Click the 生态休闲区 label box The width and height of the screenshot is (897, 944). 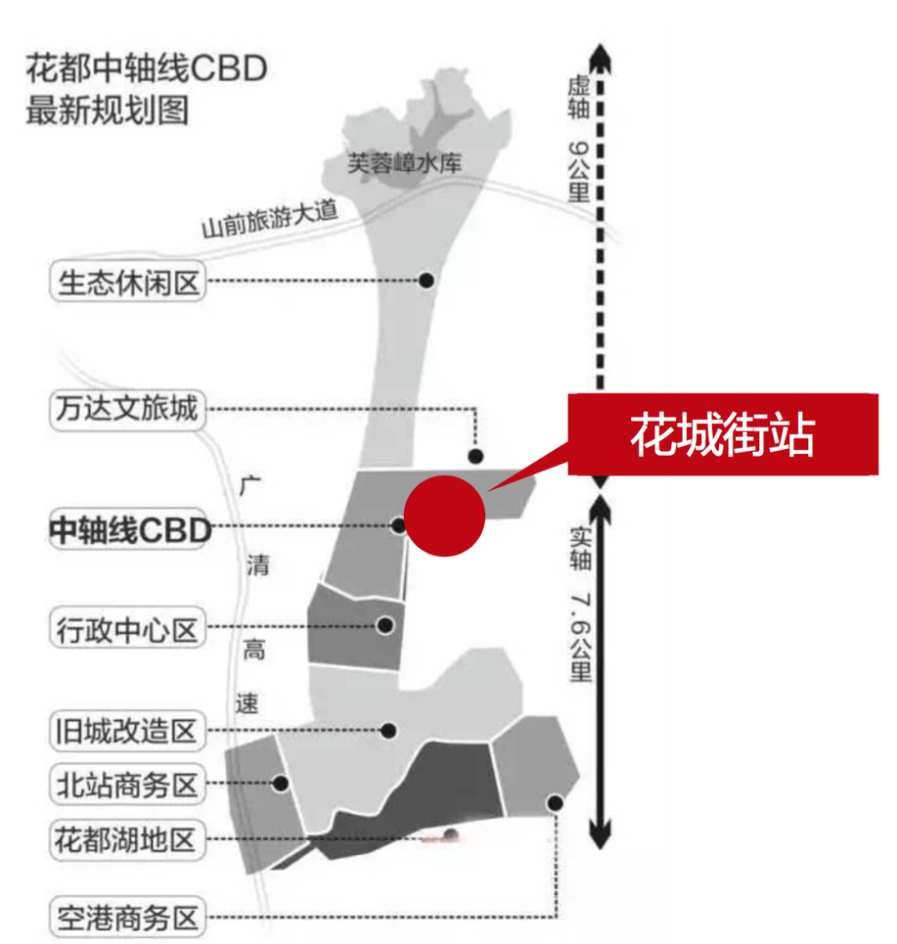[x=128, y=283]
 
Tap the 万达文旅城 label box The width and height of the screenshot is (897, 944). [x=127, y=408]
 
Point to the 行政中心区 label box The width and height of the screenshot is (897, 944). [x=127, y=629]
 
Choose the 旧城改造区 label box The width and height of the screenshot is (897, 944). [x=127, y=731]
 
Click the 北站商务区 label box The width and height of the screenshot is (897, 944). [x=127, y=784]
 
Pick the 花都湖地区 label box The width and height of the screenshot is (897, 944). [x=127, y=839]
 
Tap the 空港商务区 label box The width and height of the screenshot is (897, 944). [x=127, y=917]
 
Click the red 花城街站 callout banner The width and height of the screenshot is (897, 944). [x=723, y=434]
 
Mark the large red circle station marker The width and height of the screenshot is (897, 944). [x=444, y=516]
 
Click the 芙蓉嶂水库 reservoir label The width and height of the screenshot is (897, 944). [x=404, y=164]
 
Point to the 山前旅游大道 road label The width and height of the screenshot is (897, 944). [x=271, y=218]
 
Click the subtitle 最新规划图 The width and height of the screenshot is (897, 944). [x=107, y=110]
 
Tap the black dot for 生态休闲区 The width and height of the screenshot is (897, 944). [x=426, y=281]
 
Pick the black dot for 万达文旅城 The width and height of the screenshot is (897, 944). [x=475, y=456]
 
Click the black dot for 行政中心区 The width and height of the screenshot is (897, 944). [x=385, y=625]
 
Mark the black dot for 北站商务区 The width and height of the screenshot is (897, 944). [x=281, y=783]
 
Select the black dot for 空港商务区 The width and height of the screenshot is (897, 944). [x=555, y=803]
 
